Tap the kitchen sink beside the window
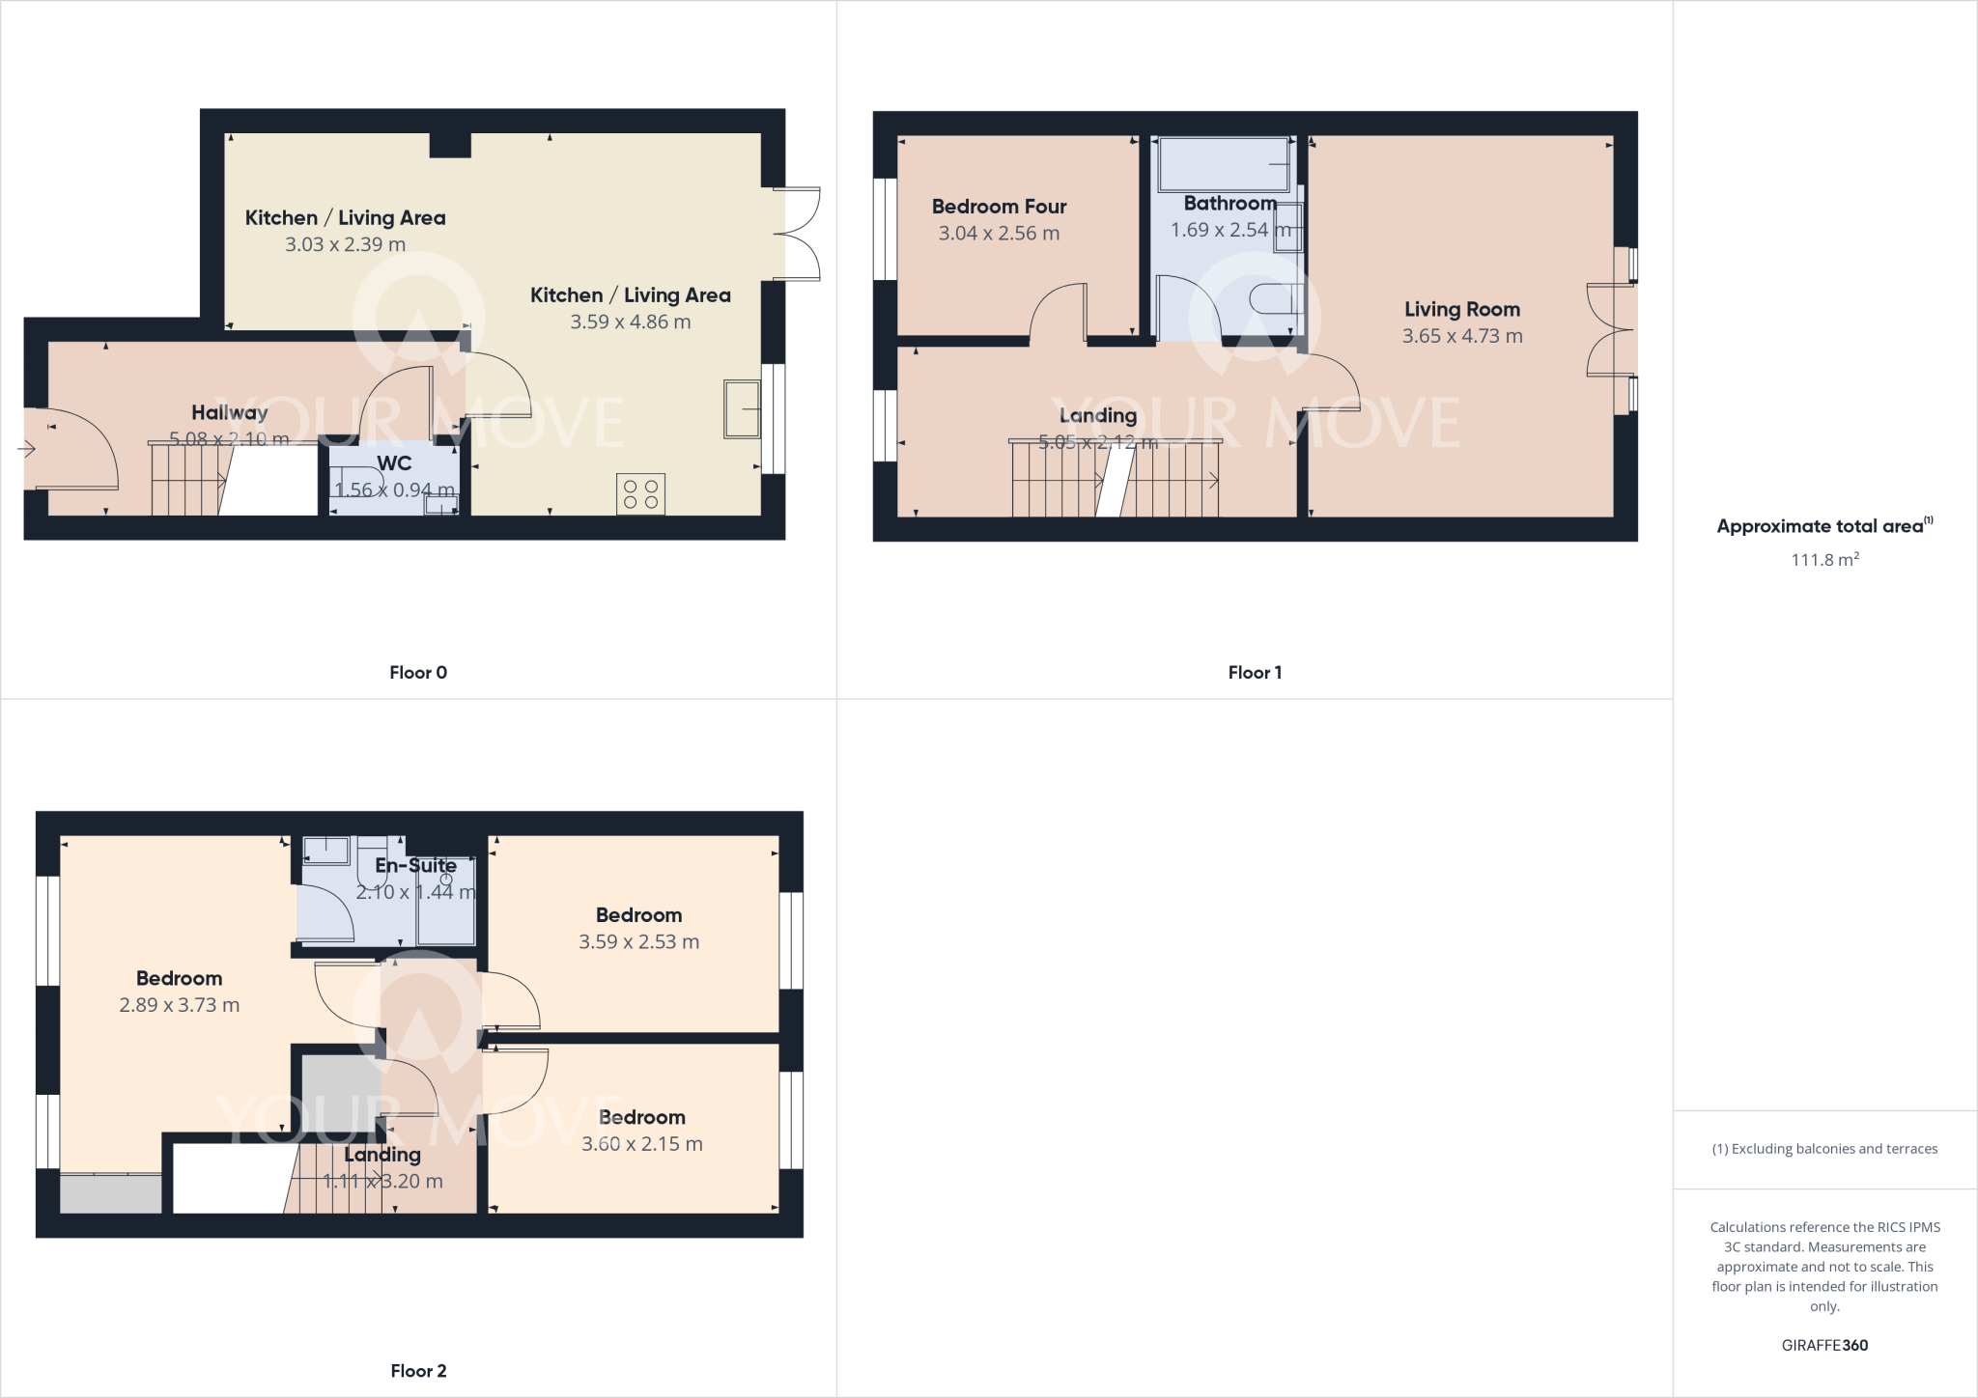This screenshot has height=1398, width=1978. click(x=742, y=409)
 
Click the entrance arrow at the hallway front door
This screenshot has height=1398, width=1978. click(x=26, y=449)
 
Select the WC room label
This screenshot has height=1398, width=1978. click(x=394, y=463)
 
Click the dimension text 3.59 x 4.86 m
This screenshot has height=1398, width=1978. click(x=630, y=322)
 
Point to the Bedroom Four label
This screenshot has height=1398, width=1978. click(x=999, y=207)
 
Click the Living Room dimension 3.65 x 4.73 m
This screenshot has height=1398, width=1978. click(x=1461, y=336)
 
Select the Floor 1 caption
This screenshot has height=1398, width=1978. click(x=1255, y=673)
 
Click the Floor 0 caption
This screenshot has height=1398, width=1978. click(x=418, y=673)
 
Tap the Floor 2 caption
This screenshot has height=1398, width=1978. click(x=418, y=1371)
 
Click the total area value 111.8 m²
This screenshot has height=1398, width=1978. click(x=1824, y=560)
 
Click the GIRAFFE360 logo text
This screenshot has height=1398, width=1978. click(x=1824, y=1346)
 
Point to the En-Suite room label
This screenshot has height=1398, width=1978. click(x=415, y=866)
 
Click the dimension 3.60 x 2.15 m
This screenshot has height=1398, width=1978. click(x=641, y=1144)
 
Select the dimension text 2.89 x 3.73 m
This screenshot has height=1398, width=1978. click(x=179, y=1005)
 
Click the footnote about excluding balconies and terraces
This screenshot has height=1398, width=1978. click(x=1824, y=1149)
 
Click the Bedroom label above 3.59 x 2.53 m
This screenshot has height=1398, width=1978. click(x=638, y=915)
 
